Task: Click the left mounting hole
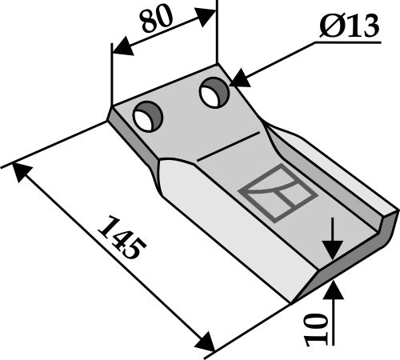tap(148, 118)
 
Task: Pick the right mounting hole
tap(213, 94)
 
